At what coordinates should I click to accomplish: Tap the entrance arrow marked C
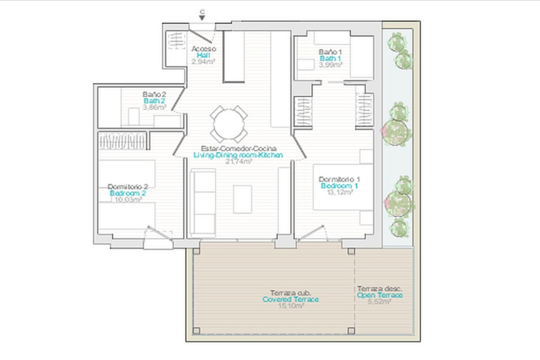202,17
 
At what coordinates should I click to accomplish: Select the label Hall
203,55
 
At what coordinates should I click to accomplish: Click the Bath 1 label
330,58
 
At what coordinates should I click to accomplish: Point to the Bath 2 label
154,101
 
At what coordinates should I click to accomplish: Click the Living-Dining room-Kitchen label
238,155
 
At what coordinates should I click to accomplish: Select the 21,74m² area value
238,162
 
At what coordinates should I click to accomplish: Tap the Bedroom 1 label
339,185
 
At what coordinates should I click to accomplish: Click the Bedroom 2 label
128,193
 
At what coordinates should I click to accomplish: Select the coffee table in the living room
243,199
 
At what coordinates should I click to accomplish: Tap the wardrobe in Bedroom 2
122,140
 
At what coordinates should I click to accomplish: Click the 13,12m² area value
339,192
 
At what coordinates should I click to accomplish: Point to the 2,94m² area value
203,62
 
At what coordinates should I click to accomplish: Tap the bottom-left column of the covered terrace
196,331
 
